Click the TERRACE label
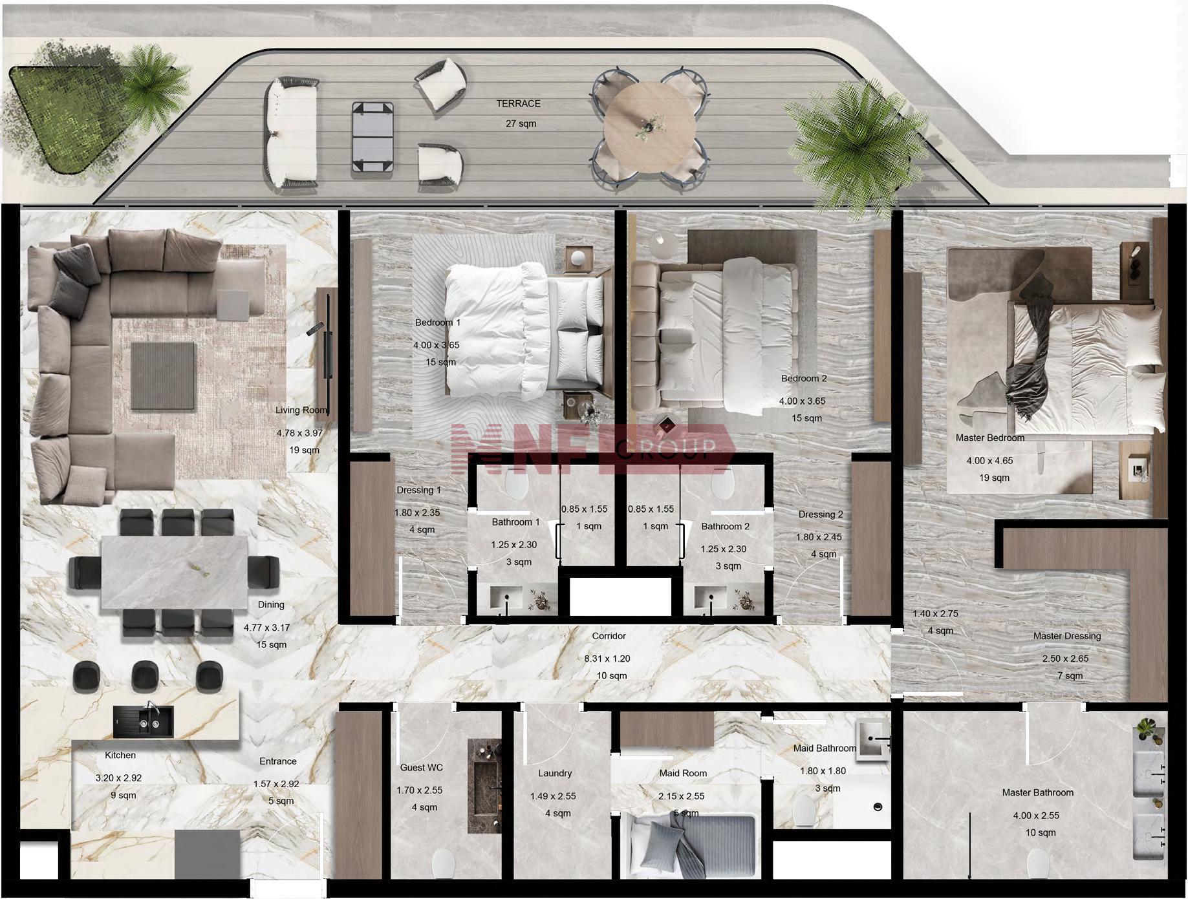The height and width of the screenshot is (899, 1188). (x=518, y=103)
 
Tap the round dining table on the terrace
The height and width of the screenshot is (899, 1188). (x=649, y=126)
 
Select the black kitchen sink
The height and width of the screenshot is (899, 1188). (x=144, y=721)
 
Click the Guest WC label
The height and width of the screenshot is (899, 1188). (x=421, y=768)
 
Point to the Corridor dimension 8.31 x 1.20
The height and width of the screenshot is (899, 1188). (x=607, y=659)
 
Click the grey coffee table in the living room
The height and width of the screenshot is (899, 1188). (x=163, y=375)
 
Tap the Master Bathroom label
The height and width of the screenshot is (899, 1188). (x=1037, y=792)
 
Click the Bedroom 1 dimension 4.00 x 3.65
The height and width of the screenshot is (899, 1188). (x=436, y=345)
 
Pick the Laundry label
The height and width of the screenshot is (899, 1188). (x=554, y=773)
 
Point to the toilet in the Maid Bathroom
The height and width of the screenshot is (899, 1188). (x=803, y=810)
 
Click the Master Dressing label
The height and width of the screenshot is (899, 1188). (x=1066, y=636)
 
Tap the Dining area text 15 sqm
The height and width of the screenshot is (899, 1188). (x=271, y=644)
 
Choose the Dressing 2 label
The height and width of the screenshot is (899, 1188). (x=820, y=514)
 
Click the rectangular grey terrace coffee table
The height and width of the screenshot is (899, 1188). (x=373, y=137)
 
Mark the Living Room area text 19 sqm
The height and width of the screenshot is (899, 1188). (x=304, y=450)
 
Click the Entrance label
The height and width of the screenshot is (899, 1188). (x=277, y=761)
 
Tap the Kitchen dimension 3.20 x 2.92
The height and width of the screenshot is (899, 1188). (x=118, y=778)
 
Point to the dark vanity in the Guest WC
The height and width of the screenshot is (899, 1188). (x=484, y=787)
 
